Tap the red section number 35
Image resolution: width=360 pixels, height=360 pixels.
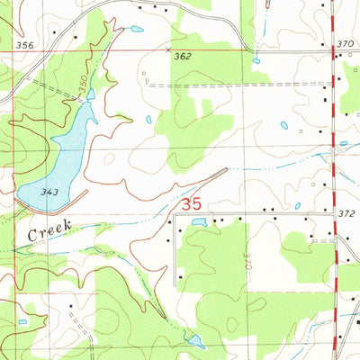(x=191, y=205)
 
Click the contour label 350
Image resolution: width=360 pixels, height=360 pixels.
(x=83, y=87)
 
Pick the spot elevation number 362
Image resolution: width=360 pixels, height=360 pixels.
(x=184, y=56)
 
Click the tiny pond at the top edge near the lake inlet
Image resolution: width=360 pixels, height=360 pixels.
(x=136, y=29)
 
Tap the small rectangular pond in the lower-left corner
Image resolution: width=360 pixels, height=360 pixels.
(x=22, y=320)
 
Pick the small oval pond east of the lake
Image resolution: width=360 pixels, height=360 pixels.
(x=149, y=120)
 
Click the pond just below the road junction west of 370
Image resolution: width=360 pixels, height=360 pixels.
(x=256, y=60)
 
